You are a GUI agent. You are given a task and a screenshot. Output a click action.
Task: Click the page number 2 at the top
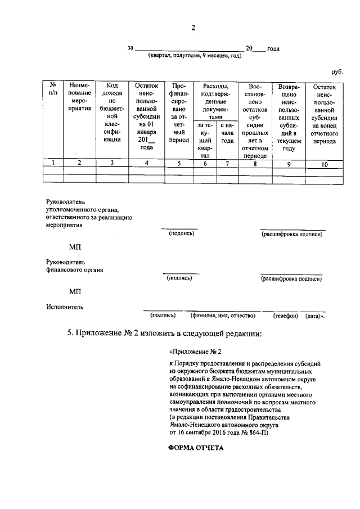(192, 28)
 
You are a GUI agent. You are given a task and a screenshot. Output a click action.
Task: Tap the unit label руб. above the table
(336, 72)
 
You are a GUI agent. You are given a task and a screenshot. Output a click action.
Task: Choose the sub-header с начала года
(227, 133)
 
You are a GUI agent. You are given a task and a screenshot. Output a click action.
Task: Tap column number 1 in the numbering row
(53, 163)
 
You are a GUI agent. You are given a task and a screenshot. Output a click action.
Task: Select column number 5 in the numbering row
(179, 164)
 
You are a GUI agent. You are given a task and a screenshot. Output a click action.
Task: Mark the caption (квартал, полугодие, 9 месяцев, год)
(195, 56)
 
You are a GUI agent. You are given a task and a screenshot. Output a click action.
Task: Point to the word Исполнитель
(64, 307)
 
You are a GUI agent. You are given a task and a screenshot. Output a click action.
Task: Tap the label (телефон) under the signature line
(285, 316)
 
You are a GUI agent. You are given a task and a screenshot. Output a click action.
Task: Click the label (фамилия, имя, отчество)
(223, 316)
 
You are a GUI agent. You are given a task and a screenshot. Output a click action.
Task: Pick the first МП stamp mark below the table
(75, 246)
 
